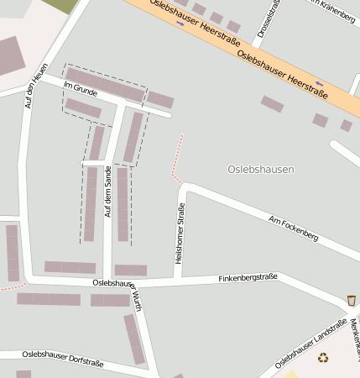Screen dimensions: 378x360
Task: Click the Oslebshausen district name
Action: [x=261, y=169]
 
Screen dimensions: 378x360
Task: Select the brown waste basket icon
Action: [x=351, y=300]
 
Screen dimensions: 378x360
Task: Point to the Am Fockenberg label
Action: [x=293, y=228]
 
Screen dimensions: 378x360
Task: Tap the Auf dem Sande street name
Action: [x=107, y=192]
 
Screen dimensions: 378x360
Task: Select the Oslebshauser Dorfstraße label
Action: [x=63, y=359]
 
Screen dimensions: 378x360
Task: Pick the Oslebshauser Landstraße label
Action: [x=310, y=344]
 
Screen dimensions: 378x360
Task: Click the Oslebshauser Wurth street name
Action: [x=117, y=291]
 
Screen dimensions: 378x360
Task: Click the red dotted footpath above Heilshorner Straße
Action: [x=177, y=156]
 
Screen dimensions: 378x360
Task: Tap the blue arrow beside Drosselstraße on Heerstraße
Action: [x=181, y=23]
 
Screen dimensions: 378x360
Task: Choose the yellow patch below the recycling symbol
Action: [x=291, y=374]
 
